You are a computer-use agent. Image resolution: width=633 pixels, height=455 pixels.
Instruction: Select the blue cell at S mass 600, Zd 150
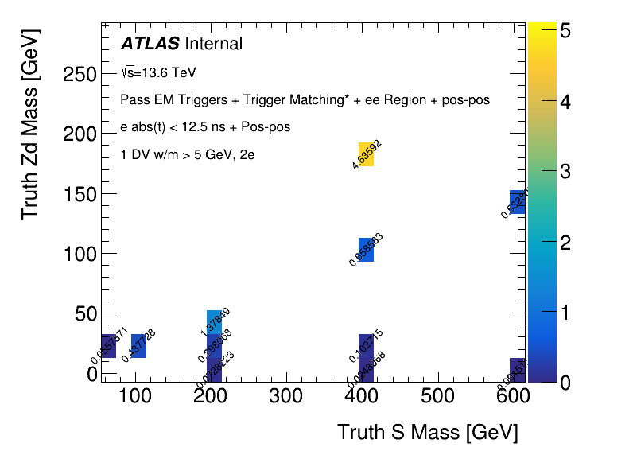point(517,202)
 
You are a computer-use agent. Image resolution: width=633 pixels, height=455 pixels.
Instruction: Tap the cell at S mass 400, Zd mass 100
point(366,250)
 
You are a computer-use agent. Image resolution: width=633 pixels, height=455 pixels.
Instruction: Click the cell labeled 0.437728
point(138,346)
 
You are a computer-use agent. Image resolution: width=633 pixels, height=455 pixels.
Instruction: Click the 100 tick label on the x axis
point(136,398)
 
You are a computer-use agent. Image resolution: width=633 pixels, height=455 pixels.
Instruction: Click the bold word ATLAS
point(150,44)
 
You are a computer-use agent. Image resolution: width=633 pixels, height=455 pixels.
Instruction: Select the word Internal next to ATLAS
point(214,44)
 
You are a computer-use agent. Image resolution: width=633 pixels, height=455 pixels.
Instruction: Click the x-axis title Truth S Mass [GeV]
point(427,433)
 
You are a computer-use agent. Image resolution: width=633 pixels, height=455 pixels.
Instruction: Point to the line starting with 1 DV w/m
point(187,155)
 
